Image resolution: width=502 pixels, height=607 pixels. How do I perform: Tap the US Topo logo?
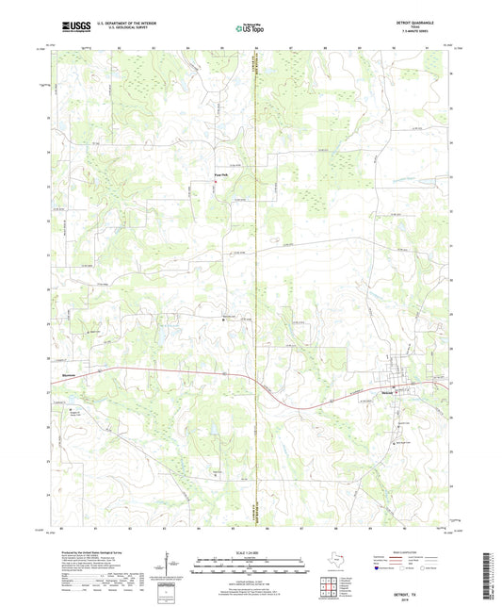coord(249,29)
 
